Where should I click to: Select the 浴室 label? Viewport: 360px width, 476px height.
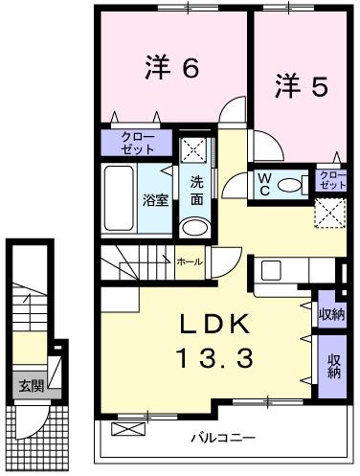click(x=156, y=200)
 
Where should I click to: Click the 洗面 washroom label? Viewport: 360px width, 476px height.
click(x=196, y=192)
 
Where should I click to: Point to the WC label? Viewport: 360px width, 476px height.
click(x=264, y=183)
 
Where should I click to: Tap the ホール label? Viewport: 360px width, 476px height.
click(x=189, y=260)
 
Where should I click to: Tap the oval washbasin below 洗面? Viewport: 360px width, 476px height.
click(x=195, y=227)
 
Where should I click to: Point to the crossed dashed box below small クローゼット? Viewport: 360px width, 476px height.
click(x=329, y=212)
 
